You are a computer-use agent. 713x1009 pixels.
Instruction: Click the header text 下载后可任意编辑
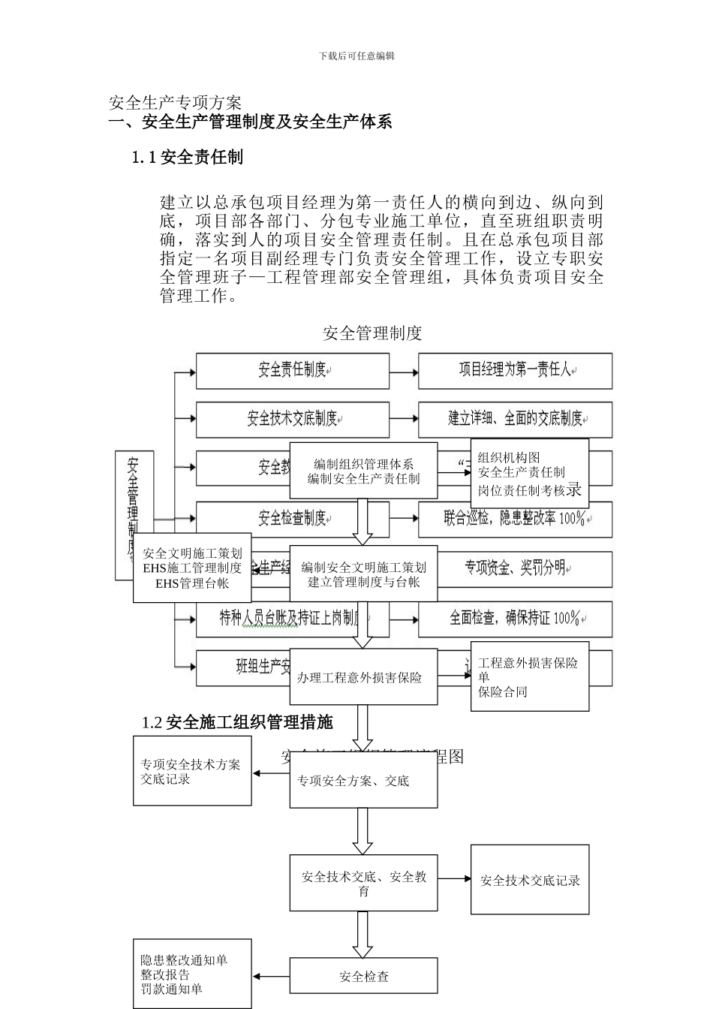click(x=356, y=56)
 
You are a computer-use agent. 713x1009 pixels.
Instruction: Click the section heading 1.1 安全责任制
click(x=188, y=157)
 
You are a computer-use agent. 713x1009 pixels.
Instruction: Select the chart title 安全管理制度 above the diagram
click(x=372, y=333)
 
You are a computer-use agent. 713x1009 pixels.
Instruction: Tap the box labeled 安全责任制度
click(x=293, y=370)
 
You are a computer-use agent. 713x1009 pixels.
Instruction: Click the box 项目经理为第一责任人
click(x=515, y=370)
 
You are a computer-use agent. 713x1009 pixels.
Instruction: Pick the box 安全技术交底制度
click(x=293, y=419)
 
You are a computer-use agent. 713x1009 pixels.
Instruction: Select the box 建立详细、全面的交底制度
click(x=515, y=419)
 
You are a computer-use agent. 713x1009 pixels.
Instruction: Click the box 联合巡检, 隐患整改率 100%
click(x=515, y=519)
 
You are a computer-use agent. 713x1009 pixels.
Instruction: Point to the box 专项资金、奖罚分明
click(x=515, y=568)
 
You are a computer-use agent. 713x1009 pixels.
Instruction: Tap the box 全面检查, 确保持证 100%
click(x=515, y=619)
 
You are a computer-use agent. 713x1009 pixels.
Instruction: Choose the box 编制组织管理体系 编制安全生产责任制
click(x=363, y=471)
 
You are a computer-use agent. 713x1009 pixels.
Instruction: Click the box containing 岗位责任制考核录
click(x=529, y=474)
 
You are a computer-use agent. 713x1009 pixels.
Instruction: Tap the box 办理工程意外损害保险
click(x=363, y=677)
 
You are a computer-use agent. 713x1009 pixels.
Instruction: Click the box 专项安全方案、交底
click(x=363, y=781)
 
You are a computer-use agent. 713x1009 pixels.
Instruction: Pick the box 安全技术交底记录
click(x=530, y=880)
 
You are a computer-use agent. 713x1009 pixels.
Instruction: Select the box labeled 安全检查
click(x=363, y=977)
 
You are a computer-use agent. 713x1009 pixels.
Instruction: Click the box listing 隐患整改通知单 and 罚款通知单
click(x=192, y=974)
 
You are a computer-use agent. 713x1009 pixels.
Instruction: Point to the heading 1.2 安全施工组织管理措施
click(x=237, y=722)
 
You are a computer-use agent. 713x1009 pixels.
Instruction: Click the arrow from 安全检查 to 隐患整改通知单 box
click(x=271, y=977)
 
